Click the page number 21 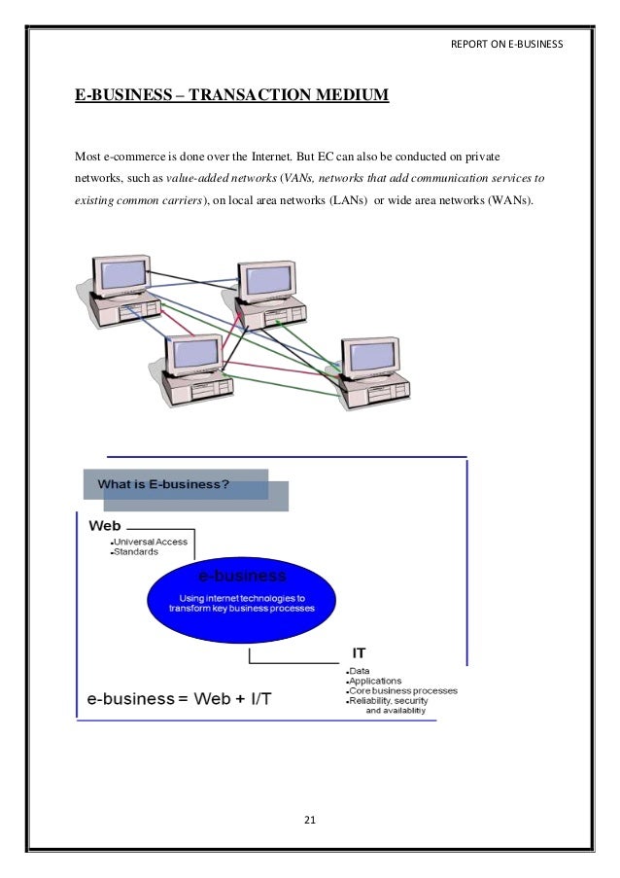[310, 821]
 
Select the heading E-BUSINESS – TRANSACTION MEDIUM [232, 95]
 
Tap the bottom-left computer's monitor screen [195, 353]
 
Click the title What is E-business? [164, 483]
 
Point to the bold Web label [105, 525]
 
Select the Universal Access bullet [152, 542]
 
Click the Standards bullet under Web [137, 551]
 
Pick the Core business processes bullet [400, 690]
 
